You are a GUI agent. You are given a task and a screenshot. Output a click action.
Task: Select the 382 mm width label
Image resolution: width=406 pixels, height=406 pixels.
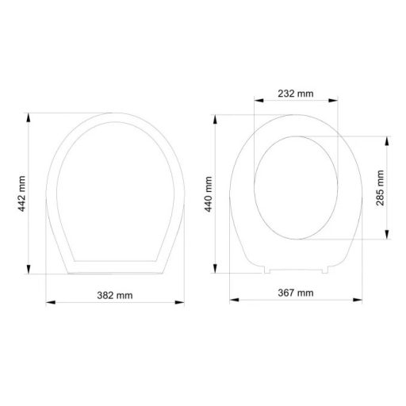[x=114, y=294]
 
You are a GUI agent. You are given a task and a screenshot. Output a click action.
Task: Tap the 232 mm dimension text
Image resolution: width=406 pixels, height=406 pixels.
[x=296, y=94]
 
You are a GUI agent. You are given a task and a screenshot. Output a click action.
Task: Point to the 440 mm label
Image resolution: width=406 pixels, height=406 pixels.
[x=209, y=193]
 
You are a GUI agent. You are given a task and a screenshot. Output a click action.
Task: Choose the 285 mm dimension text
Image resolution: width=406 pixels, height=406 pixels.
[x=381, y=187]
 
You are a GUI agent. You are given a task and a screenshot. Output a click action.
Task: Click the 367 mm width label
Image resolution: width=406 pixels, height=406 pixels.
[x=297, y=293]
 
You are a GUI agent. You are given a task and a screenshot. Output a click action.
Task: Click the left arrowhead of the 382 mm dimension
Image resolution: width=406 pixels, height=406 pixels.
[x=47, y=301]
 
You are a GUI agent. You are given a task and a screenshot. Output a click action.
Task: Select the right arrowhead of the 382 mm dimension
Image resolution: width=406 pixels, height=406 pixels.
[x=183, y=301]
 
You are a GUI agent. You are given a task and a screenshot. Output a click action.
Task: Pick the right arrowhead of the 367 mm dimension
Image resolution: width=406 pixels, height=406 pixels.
[x=362, y=300]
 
